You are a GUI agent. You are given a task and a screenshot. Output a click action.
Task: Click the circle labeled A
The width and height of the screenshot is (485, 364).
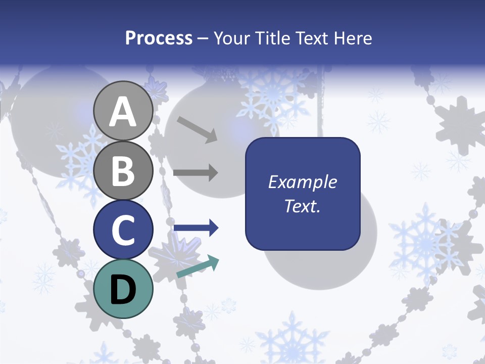[123, 111]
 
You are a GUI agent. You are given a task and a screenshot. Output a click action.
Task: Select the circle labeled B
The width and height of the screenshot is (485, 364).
[123, 170]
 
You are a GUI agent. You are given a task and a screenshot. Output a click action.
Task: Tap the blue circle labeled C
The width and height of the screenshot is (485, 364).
[123, 230]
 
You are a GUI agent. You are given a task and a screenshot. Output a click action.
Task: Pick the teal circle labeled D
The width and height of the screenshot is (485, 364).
[123, 289]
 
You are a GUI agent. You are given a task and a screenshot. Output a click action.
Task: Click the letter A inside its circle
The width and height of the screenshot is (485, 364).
[123, 112]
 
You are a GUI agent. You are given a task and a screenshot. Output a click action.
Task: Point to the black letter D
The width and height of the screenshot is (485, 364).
[123, 290]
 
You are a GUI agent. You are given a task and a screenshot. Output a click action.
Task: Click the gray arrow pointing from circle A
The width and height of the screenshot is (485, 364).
[197, 129]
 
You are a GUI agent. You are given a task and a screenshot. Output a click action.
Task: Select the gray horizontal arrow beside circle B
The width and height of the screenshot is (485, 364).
[196, 173]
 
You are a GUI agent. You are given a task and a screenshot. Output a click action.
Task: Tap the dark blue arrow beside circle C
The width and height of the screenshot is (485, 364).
[196, 228]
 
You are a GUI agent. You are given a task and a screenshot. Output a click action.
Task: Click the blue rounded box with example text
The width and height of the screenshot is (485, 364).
[303, 194]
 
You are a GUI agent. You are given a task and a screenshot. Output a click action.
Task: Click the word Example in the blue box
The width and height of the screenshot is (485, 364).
[303, 182]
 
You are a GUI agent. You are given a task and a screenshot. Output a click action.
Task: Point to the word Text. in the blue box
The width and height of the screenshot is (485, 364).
[303, 206]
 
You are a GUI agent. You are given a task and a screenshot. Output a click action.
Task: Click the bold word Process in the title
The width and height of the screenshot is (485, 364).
[159, 38]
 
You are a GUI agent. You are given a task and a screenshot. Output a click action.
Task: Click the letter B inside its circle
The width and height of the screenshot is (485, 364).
[123, 171]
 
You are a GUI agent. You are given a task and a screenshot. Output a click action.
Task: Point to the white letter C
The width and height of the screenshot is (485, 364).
[123, 231]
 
